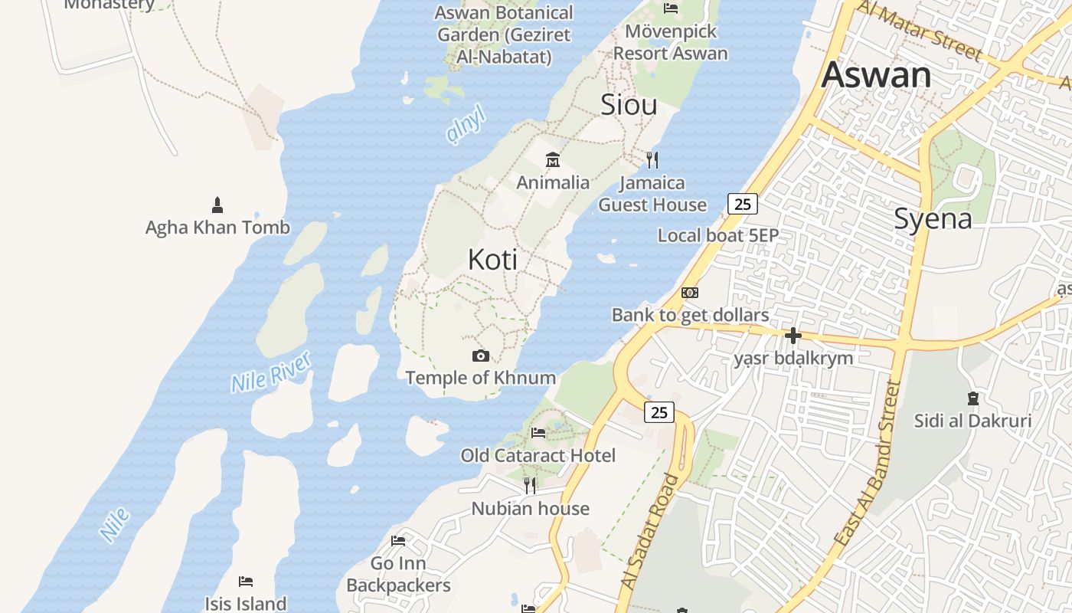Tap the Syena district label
pyautogui.click(x=933, y=219)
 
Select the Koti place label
pyautogui.click(x=492, y=260)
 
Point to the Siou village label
pyautogui.click(x=629, y=105)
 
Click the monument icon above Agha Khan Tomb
pyautogui.click(x=217, y=205)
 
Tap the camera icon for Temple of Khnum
pyautogui.click(x=481, y=356)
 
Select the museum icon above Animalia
pyautogui.click(x=552, y=160)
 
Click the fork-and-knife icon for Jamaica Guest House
pyautogui.click(x=652, y=160)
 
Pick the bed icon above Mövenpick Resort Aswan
pyautogui.click(x=671, y=8)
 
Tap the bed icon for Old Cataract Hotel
pyautogui.click(x=538, y=433)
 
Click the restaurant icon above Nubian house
pyautogui.click(x=529, y=485)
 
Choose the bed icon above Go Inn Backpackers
pyautogui.click(x=398, y=541)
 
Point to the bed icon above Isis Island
pyautogui.click(x=246, y=582)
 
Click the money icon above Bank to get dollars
pyautogui.click(x=690, y=293)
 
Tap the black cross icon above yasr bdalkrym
pyautogui.click(x=793, y=336)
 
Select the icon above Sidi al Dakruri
pyautogui.click(x=972, y=398)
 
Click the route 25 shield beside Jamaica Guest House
pyautogui.click(x=742, y=204)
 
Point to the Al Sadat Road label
pyautogui.click(x=649, y=533)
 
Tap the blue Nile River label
pyautogui.click(x=271, y=372)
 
